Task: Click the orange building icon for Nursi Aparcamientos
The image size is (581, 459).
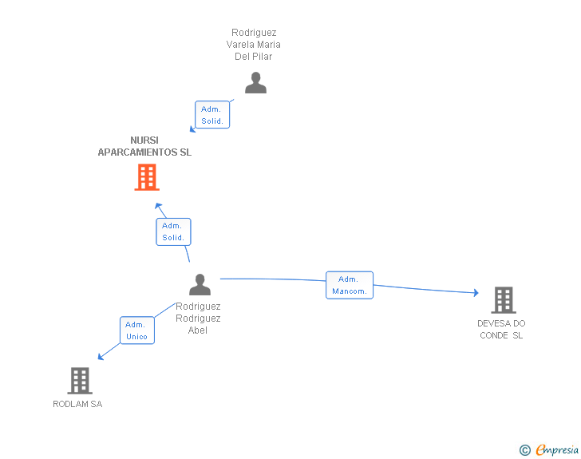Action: click(x=147, y=177)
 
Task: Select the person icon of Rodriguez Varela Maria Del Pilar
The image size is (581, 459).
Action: click(x=255, y=83)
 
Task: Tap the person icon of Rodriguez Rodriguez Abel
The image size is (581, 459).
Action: click(x=200, y=285)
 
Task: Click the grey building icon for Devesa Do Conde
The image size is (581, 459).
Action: click(x=503, y=300)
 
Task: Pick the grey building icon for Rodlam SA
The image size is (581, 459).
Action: click(x=80, y=381)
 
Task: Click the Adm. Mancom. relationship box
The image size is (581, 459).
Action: click(x=350, y=285)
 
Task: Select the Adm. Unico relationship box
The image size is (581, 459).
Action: click(x=136, y=330)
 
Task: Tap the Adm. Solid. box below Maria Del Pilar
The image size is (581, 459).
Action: click(x=211, y=115)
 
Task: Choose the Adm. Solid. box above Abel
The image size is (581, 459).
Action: click(x=173, y=231)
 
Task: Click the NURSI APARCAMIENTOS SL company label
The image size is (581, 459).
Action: click(x=144, y=146)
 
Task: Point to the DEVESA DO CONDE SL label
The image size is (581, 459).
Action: click(x=501, y=329)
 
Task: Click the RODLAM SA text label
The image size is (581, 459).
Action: click(x=77, y=404)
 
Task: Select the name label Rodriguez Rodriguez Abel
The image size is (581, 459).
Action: click(x=198, y=318)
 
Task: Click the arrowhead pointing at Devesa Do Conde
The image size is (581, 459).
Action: click(x=476, y=293)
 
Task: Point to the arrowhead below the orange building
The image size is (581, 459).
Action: click(x=158, y=206)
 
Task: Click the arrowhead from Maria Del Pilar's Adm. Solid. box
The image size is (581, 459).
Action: click(x=192, y=129)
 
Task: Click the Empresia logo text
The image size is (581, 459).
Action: click(x=557, y=450)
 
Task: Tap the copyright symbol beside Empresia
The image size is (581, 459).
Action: click(x=524, y=450)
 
